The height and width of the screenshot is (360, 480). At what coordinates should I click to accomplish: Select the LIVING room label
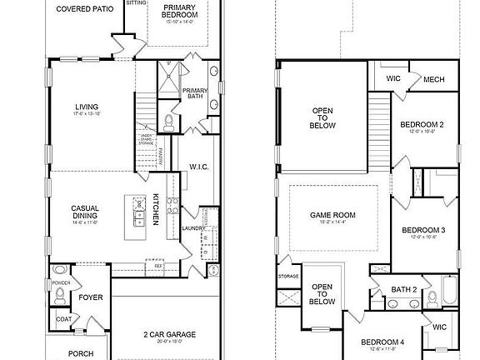coord(86,107)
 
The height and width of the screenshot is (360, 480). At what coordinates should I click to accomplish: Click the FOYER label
coord(90,297)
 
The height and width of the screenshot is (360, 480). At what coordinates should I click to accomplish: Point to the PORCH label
coord(81,353)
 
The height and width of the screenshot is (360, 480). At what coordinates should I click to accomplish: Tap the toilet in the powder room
coord(59,272)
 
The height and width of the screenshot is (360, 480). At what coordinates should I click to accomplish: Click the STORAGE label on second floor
coord(288,276)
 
